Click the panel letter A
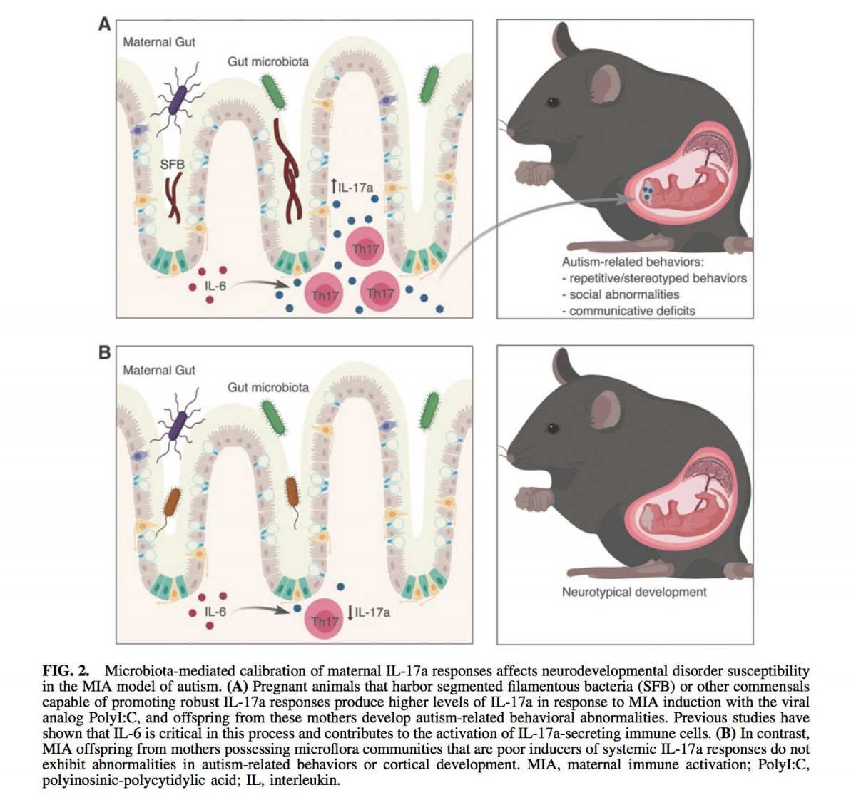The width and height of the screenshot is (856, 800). [104, 24]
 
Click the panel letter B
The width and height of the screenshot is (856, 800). [104, 352]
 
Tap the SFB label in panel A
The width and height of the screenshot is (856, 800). [172, 165]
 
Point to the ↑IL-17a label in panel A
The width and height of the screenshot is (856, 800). [352, 188]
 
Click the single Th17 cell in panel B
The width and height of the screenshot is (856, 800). [325, 621]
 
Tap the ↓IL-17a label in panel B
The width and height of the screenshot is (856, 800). [369, 612]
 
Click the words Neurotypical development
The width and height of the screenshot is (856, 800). [633, 592]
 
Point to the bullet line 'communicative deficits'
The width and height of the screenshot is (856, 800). [631, 311]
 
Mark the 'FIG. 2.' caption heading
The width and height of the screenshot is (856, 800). [66, 670]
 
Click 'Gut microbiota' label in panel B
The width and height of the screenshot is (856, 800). [268, 387]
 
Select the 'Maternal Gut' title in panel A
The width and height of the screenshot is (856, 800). [159, 42]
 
